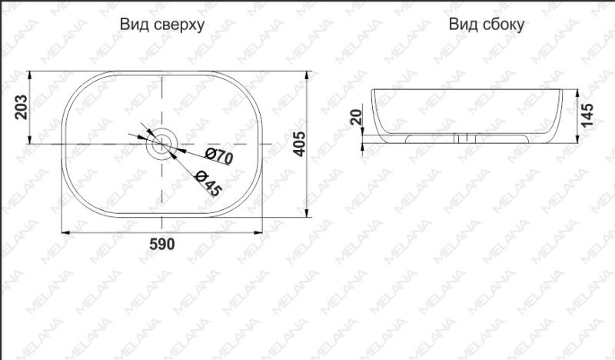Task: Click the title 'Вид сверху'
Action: (x=161, y=25)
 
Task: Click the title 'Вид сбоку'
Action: (x=487, y=25)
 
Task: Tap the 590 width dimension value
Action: (x=162, y=245)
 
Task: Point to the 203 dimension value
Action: (x=22, y=107)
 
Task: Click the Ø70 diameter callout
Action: (x=219, y=156)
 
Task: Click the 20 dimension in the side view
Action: (x=356, y=117)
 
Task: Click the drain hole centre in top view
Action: (x=163, y=143)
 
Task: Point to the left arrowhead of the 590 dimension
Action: (x=63, y=232)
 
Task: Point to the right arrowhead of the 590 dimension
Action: (x=262, y=232)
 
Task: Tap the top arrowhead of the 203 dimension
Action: (x=30, y=75)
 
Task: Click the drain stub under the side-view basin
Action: (x=464, y=138)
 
